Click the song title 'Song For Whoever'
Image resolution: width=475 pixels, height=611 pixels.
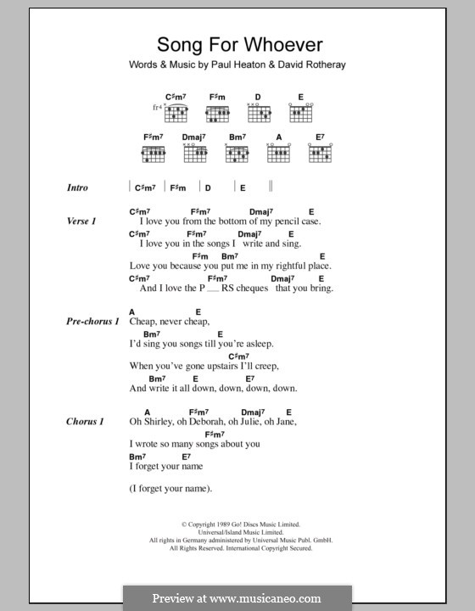[229, 46]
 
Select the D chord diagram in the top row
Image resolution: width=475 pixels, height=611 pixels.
[259, 113]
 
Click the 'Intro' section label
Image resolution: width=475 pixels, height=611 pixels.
[78, 188]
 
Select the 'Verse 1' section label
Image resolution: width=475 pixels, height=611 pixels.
[81, 220]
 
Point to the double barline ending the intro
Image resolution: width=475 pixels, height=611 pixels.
[271, 187]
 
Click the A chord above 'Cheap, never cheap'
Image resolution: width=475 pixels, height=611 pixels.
[133, 312]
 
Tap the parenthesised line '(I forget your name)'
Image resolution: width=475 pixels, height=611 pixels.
[170, 488]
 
